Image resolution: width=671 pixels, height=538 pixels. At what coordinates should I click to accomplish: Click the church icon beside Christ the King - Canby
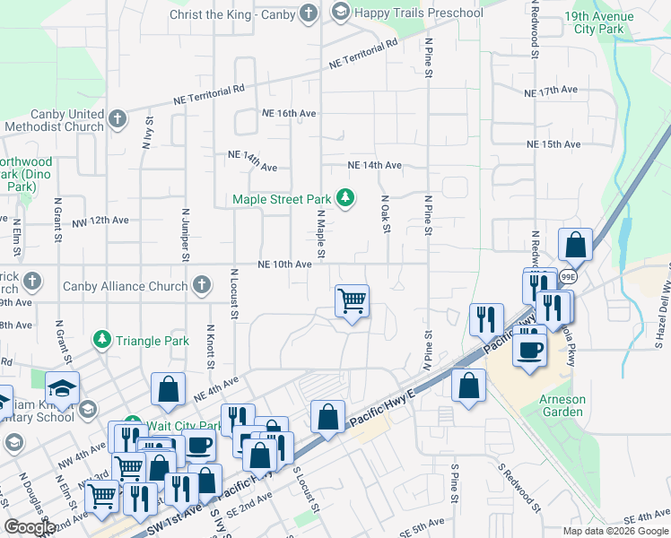309,13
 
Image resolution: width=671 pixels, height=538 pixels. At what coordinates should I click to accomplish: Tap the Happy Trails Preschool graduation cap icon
340,13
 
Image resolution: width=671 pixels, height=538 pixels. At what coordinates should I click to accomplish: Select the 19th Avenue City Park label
598,23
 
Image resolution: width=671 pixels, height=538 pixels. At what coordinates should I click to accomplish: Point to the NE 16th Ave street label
289,114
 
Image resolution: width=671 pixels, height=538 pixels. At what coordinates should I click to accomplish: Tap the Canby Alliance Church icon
202,286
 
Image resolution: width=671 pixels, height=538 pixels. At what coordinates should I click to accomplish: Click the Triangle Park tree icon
102,341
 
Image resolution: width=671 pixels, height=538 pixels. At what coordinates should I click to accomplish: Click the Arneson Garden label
562,405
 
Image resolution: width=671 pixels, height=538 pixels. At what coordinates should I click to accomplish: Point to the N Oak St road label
386,215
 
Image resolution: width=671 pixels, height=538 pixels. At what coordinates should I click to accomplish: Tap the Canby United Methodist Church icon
117,119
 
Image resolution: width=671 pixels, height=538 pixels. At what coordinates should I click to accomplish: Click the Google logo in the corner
30,527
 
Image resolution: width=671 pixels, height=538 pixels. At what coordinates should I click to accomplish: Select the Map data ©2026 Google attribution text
615,531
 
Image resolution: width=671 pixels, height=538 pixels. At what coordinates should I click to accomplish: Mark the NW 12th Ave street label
100,220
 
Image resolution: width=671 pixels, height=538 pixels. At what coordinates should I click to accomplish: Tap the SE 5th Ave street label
422,523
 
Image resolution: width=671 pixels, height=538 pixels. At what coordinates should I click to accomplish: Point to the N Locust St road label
234,293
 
